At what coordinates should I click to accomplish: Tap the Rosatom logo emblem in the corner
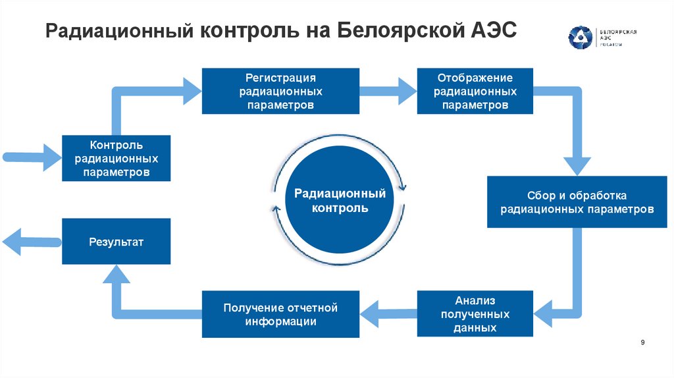pyautogui.click(x=581, y=38)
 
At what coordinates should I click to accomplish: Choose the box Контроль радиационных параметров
pyautogui.click(x=117, y=158)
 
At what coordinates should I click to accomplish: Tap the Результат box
pyautogui.click(x=117, y=242)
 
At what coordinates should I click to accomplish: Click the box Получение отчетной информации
pyautogui.click(x=280, y=314)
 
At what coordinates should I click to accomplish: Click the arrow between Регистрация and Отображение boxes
pyautogui.click(x=388, y=90)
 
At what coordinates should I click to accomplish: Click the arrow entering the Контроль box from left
pyautogui.click(x=33, y=157)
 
